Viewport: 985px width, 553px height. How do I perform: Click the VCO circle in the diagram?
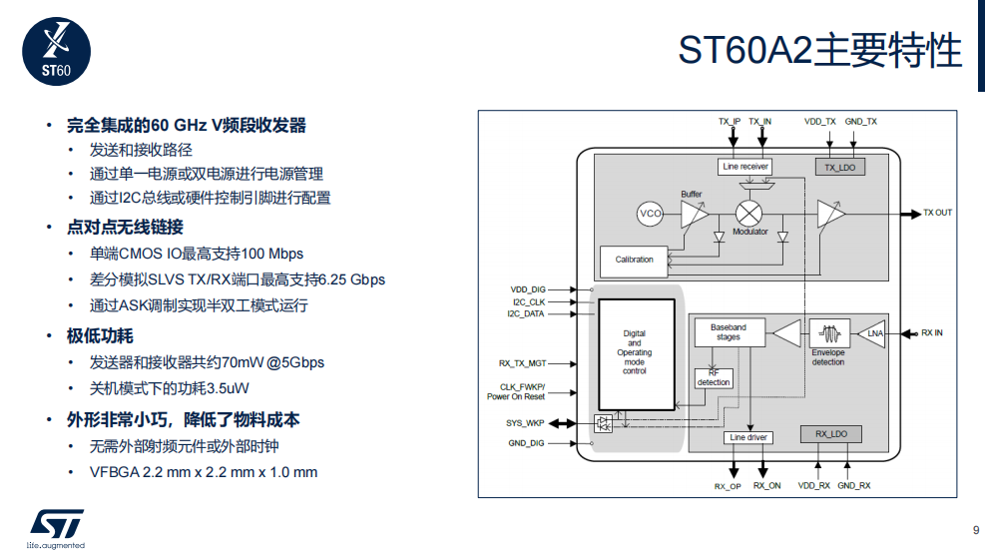650,214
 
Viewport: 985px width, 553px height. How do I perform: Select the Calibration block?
634,262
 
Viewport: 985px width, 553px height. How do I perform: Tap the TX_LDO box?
840,167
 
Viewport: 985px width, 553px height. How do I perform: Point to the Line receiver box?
745,167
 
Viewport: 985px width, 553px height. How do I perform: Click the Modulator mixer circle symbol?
748,214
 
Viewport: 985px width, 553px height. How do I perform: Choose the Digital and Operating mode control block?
637,354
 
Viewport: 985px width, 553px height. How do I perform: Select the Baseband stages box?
730,332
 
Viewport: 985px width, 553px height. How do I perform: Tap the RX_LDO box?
830,434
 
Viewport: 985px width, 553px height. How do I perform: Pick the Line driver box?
748,437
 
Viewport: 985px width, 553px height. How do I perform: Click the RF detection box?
714,378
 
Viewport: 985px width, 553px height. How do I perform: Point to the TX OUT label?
937,213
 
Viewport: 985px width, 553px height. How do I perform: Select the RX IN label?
931,333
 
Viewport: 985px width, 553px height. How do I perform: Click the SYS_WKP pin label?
525,423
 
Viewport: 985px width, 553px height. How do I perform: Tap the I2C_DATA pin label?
526,314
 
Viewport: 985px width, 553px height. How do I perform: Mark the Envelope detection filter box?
829,333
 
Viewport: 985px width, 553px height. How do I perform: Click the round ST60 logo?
57,52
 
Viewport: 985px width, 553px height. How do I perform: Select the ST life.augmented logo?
57,529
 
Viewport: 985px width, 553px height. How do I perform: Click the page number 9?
976,530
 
